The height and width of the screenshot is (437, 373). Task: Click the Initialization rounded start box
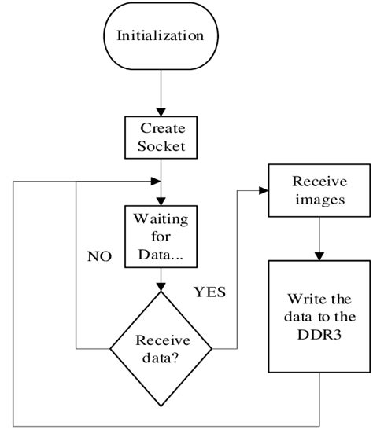161,36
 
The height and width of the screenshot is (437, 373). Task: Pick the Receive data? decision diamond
161,347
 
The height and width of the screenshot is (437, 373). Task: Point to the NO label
98,256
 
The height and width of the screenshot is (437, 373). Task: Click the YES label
209,292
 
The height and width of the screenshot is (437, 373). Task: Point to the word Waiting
161,218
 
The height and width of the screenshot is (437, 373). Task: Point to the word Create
161,127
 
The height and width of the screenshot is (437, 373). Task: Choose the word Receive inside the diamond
161,340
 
